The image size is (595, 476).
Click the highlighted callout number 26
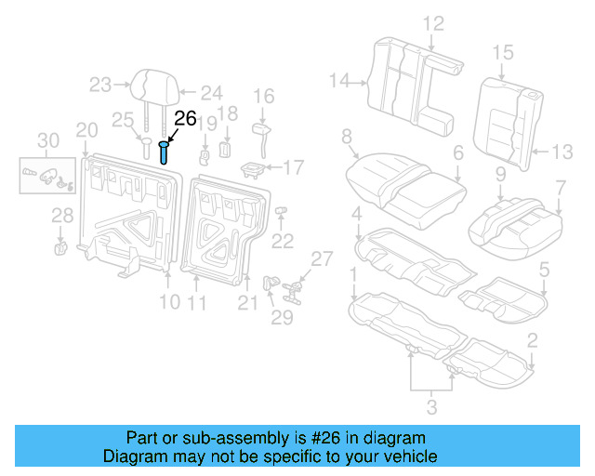point(186,118)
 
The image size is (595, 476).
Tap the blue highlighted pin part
point(165,152)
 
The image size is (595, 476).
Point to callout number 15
point(503,52)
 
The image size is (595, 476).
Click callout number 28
point(61,216)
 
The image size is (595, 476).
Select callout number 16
point(264,95)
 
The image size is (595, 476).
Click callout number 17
point(293,167)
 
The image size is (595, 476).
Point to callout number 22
point(282,241)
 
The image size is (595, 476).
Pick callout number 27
point(321,258)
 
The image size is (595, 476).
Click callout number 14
point(339,81)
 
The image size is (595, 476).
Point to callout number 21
point(246,301)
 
